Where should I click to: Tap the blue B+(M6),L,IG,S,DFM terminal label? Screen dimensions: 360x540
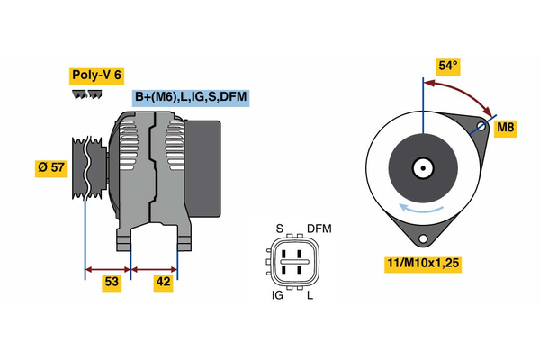[x=191, y=98]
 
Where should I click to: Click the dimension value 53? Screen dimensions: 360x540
[x=111, y=283]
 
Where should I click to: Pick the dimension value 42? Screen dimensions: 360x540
[x=163, y=283]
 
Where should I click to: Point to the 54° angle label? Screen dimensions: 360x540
[x=447, y=66]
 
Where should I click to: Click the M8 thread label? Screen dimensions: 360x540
[x=506, y=129]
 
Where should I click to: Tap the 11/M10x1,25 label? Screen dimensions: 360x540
[x=422, y=265]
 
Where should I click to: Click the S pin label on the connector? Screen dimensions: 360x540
[x=279, y=229]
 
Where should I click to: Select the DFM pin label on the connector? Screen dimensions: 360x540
[x=319, y=229]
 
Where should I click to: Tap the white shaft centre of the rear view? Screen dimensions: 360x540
[x=421, y=167]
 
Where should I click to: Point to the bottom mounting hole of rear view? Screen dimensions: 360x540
[x=421, y=238]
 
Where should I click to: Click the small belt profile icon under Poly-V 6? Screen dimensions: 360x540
[x=83, y=93]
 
